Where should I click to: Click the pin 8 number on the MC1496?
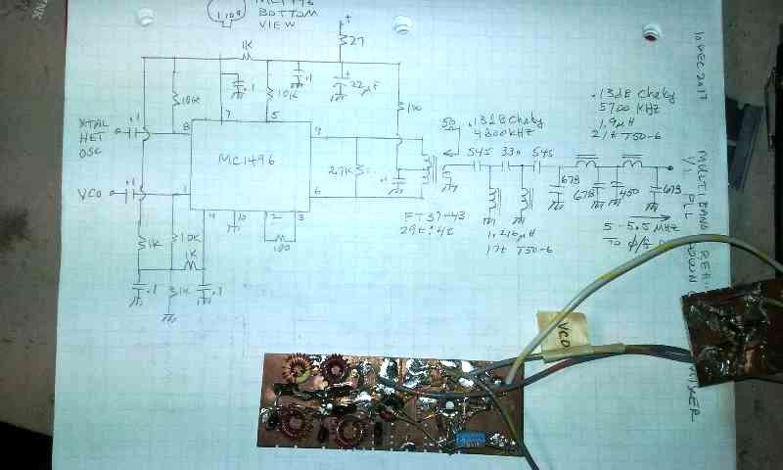click(x=185, y=127)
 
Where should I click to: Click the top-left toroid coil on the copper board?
click(x=292, y=370)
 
